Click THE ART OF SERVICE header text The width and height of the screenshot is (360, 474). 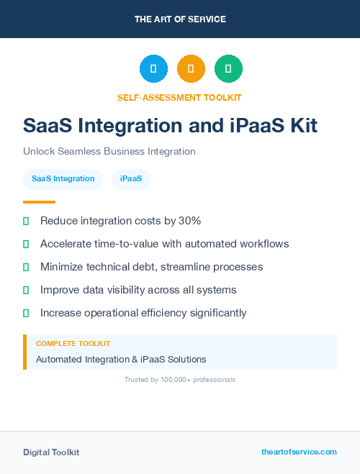(180, 19)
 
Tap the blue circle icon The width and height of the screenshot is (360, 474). (153, 69)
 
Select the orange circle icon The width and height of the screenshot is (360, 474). (191, 69)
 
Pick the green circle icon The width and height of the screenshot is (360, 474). (228, 69)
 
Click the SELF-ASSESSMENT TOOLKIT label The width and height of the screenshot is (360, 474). (179, 97)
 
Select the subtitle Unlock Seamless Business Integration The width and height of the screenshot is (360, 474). (109, 151)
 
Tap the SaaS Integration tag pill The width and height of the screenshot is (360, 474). (63, 178)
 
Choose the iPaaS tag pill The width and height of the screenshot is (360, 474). (131, 178)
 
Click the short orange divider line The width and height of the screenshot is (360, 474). (39, 202)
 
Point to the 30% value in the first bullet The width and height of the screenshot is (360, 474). (189, 221)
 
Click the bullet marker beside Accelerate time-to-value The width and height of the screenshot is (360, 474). (26, 244)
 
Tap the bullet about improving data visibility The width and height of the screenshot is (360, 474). (138, 290)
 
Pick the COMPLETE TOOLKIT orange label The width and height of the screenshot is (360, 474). (73, 344)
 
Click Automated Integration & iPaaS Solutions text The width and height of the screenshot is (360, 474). (121, 359)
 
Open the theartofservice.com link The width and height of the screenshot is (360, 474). (299, 452)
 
